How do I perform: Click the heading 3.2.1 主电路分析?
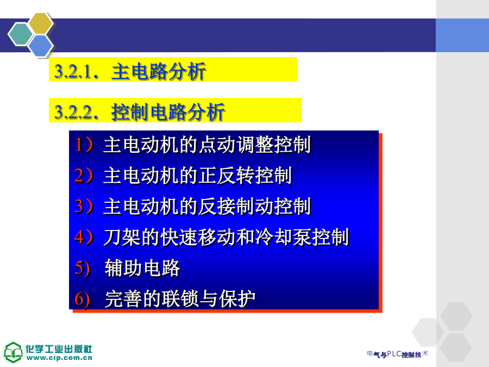[x=130, y=71]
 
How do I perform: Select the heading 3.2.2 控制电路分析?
[x=140, y=111]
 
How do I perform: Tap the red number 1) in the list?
[x=84, y=145]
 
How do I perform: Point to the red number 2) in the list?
[x=84, y=175]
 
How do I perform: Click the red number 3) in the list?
[x=84, y=206]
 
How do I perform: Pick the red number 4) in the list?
[x=84, y=237]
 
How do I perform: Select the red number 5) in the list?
[x=83, y=268]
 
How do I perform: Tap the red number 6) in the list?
[x=83, y=299]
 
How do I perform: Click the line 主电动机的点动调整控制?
[x=207, y=145]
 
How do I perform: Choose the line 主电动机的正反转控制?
[x=198, y=176]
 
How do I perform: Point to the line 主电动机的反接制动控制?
[x=207, y=206]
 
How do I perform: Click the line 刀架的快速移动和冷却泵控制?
[x=226, y=237]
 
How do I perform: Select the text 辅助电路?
[x=142, y=268]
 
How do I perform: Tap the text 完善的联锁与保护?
[x=180, y=299]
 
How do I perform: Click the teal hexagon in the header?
[x=21, y=34]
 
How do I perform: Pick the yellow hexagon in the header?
[x=40, y=23]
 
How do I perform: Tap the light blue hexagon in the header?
[x=40, y=46]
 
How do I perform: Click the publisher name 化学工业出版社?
[x=59, y=349]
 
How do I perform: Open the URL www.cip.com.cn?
[x=59, y=358]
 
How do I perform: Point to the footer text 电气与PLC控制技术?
[x=398, y=354]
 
